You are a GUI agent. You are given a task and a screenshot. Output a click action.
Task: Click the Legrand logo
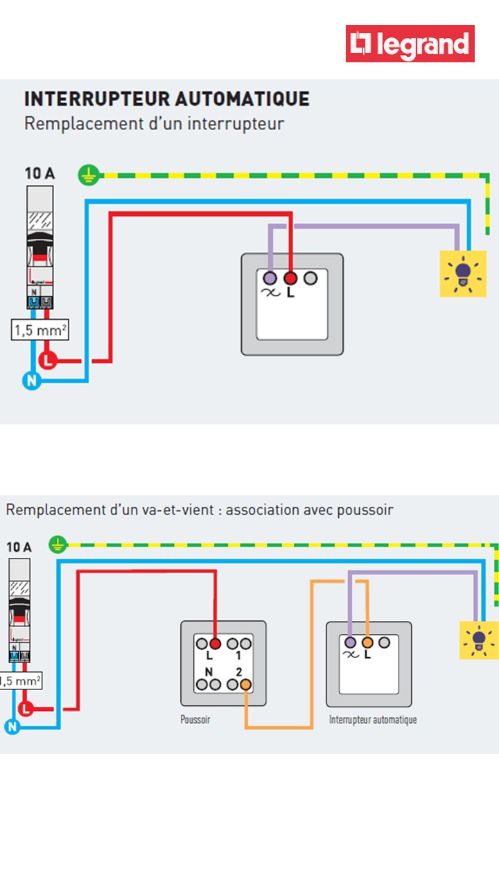[x=410, y=44]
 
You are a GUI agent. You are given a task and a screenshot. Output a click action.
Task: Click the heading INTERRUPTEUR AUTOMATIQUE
[x=167, y=99]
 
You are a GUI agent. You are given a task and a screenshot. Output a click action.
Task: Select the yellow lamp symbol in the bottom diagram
[x=479, y=640]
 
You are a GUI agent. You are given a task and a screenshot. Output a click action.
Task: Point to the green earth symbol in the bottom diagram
[x=58, y=545]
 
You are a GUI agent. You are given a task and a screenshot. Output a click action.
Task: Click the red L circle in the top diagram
[x=47, y=361]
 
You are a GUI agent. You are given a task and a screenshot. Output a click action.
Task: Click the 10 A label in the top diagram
[x=40, y=173]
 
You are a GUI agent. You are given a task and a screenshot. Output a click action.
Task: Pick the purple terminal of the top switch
[x=270, y=278]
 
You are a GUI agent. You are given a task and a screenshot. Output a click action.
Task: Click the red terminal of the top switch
[x=290, y=278]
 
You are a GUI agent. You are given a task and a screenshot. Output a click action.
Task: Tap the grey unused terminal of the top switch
[x=310, y=278]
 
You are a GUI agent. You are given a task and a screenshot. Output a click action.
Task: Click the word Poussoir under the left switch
[x=195, y=720]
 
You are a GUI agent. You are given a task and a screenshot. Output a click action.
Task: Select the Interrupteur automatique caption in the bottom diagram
[x=373, y=720]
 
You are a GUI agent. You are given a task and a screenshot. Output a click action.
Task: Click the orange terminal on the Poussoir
[x=245, y=685]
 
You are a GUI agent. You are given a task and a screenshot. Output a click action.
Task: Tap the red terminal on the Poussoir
[x=215, y=642]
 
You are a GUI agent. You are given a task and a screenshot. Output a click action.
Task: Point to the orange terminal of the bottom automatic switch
[x=367, y=642]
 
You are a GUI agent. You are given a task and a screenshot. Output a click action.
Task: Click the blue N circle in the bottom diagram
[x=11, y=727]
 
